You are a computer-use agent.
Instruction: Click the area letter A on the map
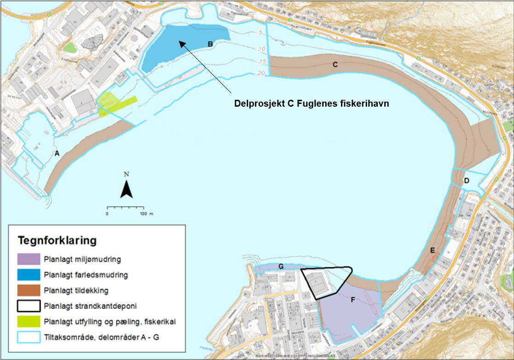(x=57, y=154)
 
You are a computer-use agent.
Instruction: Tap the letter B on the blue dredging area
(x=210, y=45)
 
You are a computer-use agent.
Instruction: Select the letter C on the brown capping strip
(x=335, y=65)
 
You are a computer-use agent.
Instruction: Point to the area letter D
(x=466, y=181)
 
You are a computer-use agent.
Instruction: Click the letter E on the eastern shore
(x=432, y=251)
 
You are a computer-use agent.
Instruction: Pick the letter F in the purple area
(x=352, y=300)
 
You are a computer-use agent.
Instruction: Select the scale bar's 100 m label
(x=146, y=214)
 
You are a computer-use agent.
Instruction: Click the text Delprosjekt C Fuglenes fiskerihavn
(x=312, y=104)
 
